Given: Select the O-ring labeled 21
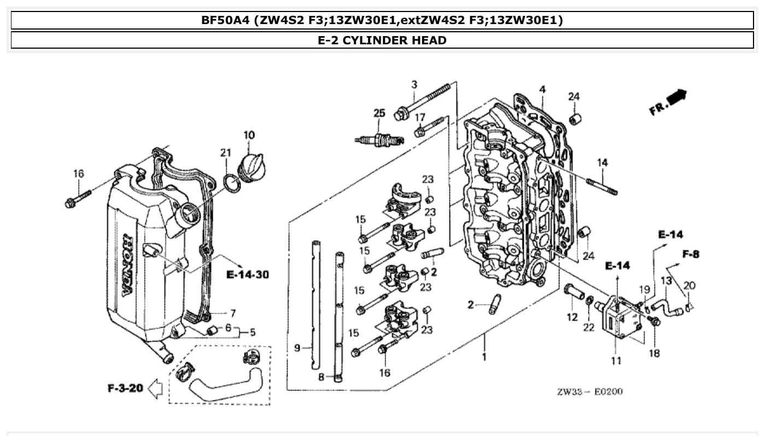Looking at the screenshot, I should point(232,183).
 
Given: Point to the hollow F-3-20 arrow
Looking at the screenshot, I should point(155,389).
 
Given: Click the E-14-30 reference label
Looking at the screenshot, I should point(247,274).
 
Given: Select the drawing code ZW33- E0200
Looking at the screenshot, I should point(589,392).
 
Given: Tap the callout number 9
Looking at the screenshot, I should point(297,347).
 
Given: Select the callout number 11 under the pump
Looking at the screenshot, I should point(616,360).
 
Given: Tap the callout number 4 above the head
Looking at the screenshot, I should point(542,89).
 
